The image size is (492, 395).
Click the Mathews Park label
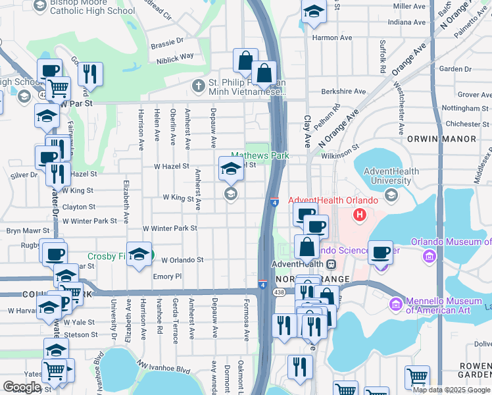click(x=260, y=156)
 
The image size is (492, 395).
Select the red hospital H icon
click(x=359, y=214)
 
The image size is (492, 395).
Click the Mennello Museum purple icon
click(x=395, y=303)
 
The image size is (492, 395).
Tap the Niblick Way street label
click(x=175, y=56)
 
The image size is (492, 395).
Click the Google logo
click(x=22, y=387)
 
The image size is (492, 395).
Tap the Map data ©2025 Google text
click(x=451, y=390)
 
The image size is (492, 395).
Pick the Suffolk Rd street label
click(x=383, y=56)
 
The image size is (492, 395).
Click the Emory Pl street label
click(x=167, y=276)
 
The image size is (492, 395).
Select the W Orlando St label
click(x=182, y=260)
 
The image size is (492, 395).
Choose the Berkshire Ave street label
click(x=342, y=92)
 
